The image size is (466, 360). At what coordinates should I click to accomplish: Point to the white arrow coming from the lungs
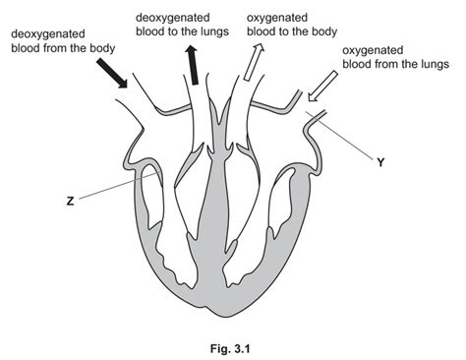coord(321,89)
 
